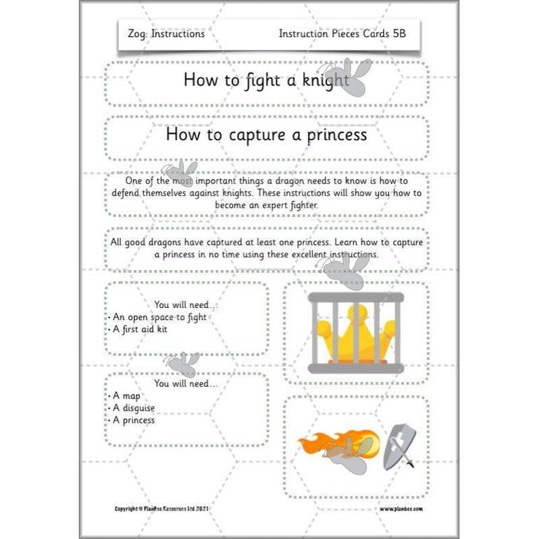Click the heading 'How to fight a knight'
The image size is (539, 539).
coord(265,80)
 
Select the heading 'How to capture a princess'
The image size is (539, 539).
coord(265,134)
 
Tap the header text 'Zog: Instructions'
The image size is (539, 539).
coord(165,34)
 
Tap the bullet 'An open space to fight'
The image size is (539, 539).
coord(159,317)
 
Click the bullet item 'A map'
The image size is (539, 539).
coord(126,396)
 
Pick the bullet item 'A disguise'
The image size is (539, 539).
coord(134,408)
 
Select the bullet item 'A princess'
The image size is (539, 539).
coord(134,420)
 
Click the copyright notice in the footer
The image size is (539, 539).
coord(163,507)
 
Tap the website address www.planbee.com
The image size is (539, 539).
coord(401,507)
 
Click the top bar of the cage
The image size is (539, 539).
coord(355,297)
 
